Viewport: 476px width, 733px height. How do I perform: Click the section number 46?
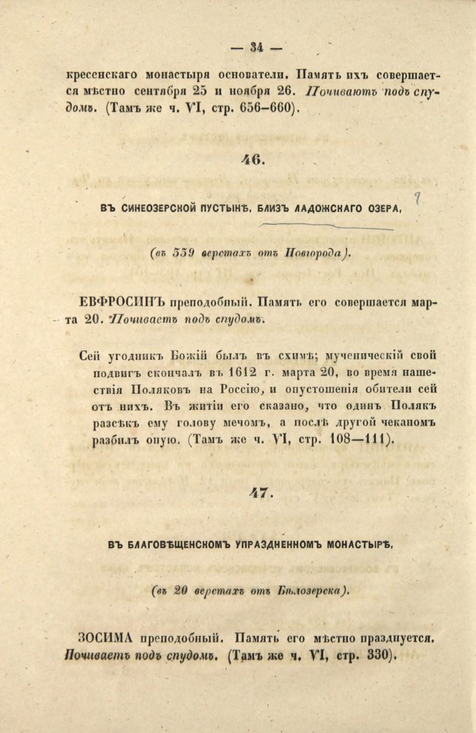pos(253,160)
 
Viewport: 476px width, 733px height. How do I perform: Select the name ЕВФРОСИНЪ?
pos(122,302)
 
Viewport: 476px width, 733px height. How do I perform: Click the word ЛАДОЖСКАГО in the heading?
pos(321,208)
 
